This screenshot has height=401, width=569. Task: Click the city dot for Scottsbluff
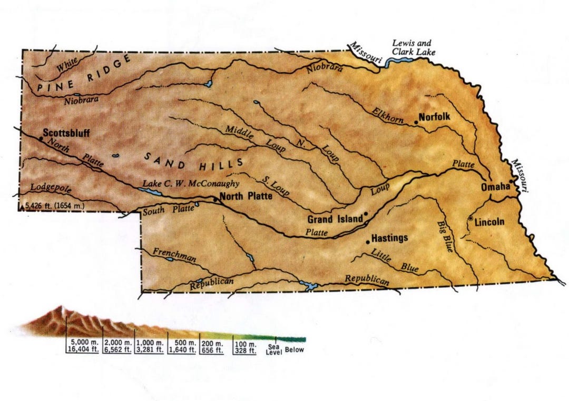41,138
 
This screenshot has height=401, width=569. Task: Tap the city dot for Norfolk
416,122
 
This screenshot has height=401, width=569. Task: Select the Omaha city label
495,187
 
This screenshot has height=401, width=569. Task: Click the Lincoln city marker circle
470,218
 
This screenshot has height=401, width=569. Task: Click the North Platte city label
246,196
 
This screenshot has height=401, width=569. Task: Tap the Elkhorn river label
387,115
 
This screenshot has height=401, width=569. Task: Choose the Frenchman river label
174,255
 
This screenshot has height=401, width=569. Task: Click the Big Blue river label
445,236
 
